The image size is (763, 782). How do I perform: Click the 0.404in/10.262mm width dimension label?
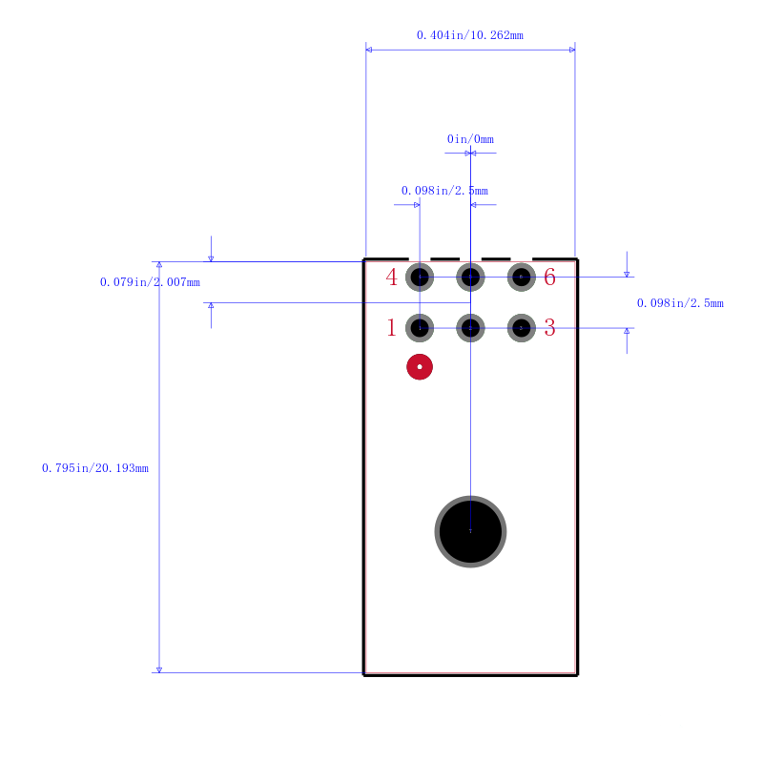(470, 35)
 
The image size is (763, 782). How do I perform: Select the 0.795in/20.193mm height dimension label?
(95, 468)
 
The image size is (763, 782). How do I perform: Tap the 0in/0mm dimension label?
(470, 138)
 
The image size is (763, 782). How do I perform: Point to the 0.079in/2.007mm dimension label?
(150, 281)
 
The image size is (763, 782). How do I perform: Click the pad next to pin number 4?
(420, 277)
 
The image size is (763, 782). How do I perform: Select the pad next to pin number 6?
(521, 277)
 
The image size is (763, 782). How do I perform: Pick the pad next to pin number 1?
(420, 328)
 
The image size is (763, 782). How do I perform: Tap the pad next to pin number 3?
(521, 328)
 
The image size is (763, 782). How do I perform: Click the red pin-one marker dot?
(420, 367)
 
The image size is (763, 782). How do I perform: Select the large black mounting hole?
(470, 531)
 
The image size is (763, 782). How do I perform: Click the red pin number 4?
(391, 278)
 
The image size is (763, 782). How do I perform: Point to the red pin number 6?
(549, 277)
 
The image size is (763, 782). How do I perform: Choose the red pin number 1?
(391, 328)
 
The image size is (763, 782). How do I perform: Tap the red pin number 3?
(549, 328)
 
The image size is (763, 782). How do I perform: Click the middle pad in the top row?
(470, 277)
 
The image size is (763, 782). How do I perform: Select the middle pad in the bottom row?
(470, 328)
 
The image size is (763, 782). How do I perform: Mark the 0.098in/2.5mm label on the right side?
(680, 302)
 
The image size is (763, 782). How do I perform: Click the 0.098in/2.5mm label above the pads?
(444, 191)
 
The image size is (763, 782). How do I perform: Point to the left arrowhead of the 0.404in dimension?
(368, 50)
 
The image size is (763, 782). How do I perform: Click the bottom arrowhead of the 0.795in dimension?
(159, 669)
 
